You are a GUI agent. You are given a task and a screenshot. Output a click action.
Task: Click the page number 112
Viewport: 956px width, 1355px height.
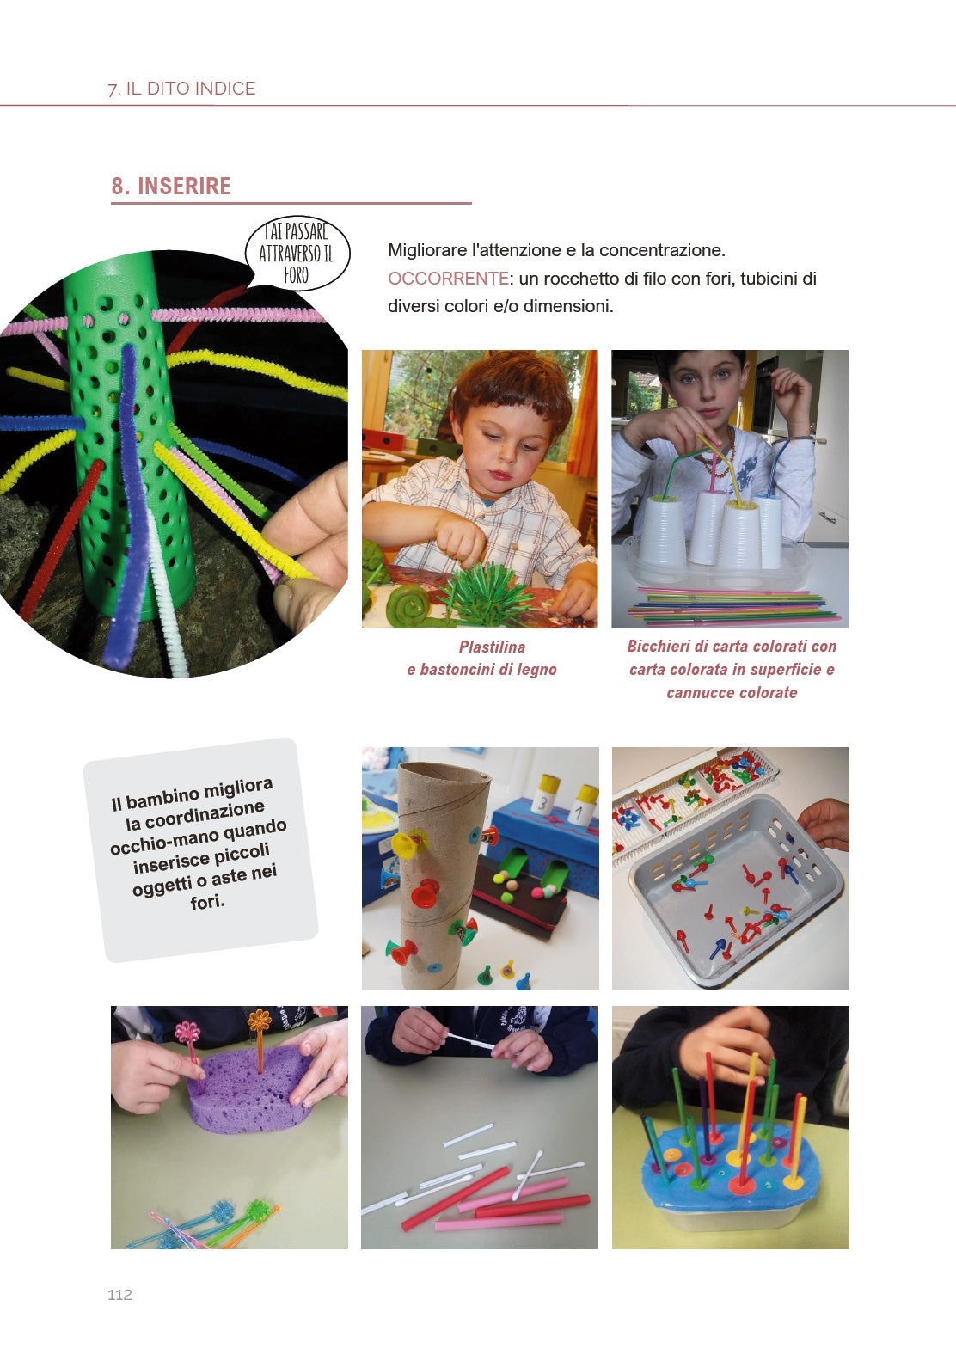(119, 1295)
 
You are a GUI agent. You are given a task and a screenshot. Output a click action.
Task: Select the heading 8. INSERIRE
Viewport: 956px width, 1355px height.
(171, 186)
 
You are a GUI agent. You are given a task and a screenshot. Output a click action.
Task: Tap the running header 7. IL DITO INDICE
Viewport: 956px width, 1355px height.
(181, 89)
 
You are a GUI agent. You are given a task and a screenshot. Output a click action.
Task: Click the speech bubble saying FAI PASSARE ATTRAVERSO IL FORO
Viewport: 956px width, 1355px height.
(297, 254)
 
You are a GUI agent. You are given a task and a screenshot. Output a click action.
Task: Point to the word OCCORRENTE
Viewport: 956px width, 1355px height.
(448, 279)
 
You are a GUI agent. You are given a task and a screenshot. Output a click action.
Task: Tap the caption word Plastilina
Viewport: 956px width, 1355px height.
(492, 647)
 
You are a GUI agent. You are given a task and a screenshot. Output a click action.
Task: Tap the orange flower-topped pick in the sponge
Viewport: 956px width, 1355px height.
(260, 1038)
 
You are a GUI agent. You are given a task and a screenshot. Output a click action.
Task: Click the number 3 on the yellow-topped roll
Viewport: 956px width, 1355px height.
(542, 803)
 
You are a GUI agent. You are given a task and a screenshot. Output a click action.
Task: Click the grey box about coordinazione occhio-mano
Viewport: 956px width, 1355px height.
(201, 849)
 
